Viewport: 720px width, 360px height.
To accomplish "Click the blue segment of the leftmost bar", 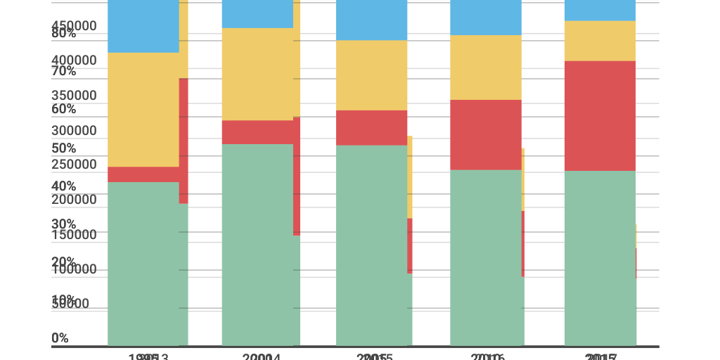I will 143,26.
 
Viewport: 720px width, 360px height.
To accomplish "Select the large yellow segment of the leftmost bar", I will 143,110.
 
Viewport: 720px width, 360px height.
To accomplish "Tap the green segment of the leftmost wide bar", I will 143,264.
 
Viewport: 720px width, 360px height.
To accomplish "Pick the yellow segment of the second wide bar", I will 257,74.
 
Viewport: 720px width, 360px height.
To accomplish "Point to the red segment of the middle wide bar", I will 371,127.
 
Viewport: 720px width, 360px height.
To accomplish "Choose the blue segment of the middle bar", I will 371,20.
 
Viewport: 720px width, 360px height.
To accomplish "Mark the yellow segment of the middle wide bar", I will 371,75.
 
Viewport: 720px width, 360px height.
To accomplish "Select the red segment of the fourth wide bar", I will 486,134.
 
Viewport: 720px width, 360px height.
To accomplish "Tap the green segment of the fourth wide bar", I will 486,257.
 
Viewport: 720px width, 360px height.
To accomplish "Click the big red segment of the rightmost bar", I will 600,116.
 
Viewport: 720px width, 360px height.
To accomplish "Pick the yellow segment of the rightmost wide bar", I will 600,41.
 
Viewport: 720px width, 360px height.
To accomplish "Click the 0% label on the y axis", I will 60,338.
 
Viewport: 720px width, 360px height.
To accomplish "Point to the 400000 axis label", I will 74,60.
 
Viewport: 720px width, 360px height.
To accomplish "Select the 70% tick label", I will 63,71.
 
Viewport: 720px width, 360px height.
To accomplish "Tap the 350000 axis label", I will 74,96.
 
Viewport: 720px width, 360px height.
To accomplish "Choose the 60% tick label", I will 63,109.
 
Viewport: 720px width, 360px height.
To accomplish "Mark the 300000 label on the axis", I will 74,131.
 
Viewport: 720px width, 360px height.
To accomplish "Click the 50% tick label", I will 63,148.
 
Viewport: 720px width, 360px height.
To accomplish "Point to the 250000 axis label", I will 74,165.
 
